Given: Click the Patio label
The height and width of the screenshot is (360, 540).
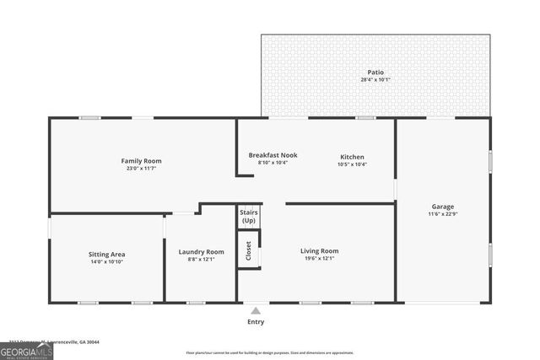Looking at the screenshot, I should (x=375, y=73).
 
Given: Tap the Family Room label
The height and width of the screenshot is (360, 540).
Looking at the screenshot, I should (x=141, y=161).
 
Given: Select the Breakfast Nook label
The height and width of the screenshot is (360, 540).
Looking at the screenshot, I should (x=273, y=155).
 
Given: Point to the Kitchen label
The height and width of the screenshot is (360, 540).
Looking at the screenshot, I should (x=352, y=157).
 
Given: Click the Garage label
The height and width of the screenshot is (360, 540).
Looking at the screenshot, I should (x=443, y=207).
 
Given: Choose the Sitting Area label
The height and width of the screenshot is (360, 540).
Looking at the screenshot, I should (x=107, y=254).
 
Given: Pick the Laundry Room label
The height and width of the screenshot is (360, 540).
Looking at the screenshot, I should (x=201, y=251).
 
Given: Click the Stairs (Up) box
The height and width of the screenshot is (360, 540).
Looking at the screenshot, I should (x=248, y=216).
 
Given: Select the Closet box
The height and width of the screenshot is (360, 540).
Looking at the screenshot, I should (x=248, y=250).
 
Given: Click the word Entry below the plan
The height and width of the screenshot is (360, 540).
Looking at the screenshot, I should (x=255, y=321).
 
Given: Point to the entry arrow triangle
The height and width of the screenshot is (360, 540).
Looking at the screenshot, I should (x=255, y=309).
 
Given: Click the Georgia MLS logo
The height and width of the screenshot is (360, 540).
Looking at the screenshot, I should (x=26, y=350).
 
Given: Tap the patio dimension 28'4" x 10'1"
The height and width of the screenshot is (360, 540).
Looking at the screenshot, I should (x=375, y=80).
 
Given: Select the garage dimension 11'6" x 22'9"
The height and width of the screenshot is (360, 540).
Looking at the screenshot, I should (x=443, y=214).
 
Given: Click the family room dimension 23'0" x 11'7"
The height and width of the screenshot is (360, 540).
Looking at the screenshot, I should (x=141, y=169).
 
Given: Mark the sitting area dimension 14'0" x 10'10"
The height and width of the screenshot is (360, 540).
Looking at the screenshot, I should (x=107, y=261).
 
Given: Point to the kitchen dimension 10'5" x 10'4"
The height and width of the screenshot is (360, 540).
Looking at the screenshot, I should (x=352, y=164).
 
